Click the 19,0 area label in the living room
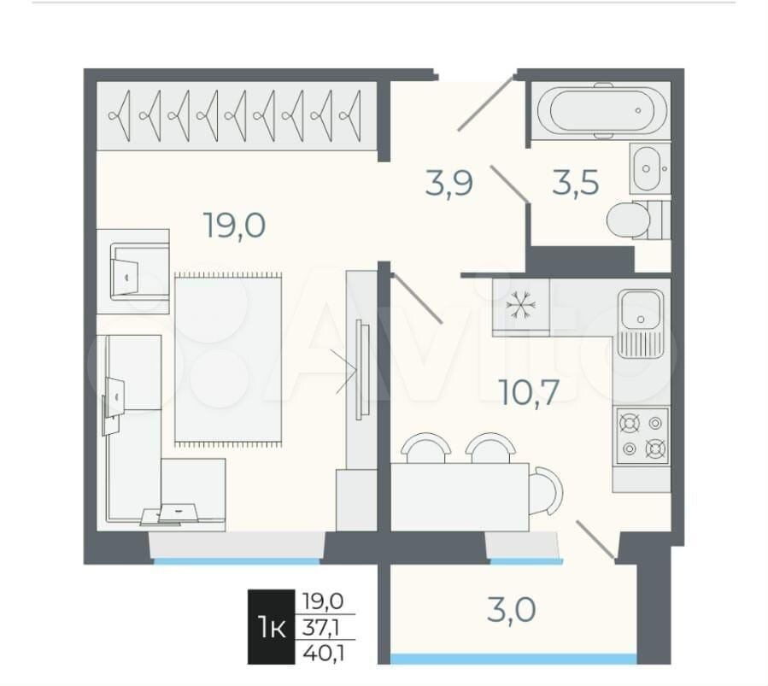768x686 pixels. tap(235, 226)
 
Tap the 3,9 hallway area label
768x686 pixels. tap(449, 183)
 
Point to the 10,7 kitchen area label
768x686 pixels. tap(529, 392)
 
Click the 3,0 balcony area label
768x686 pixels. tap(512, 610)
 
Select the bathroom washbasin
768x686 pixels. tap(647, 169)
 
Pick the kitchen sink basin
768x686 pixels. tap(641, 309)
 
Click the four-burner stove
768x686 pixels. tap(642, 436)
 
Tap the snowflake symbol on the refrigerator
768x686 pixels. tap(520, 306)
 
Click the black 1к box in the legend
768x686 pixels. tap(272, 627)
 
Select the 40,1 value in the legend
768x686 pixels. tap(323, 653)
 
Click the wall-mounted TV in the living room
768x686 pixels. tap(361, 370)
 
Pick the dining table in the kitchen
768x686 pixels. tap(460, 497)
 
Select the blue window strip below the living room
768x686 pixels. tap(237, 561)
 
